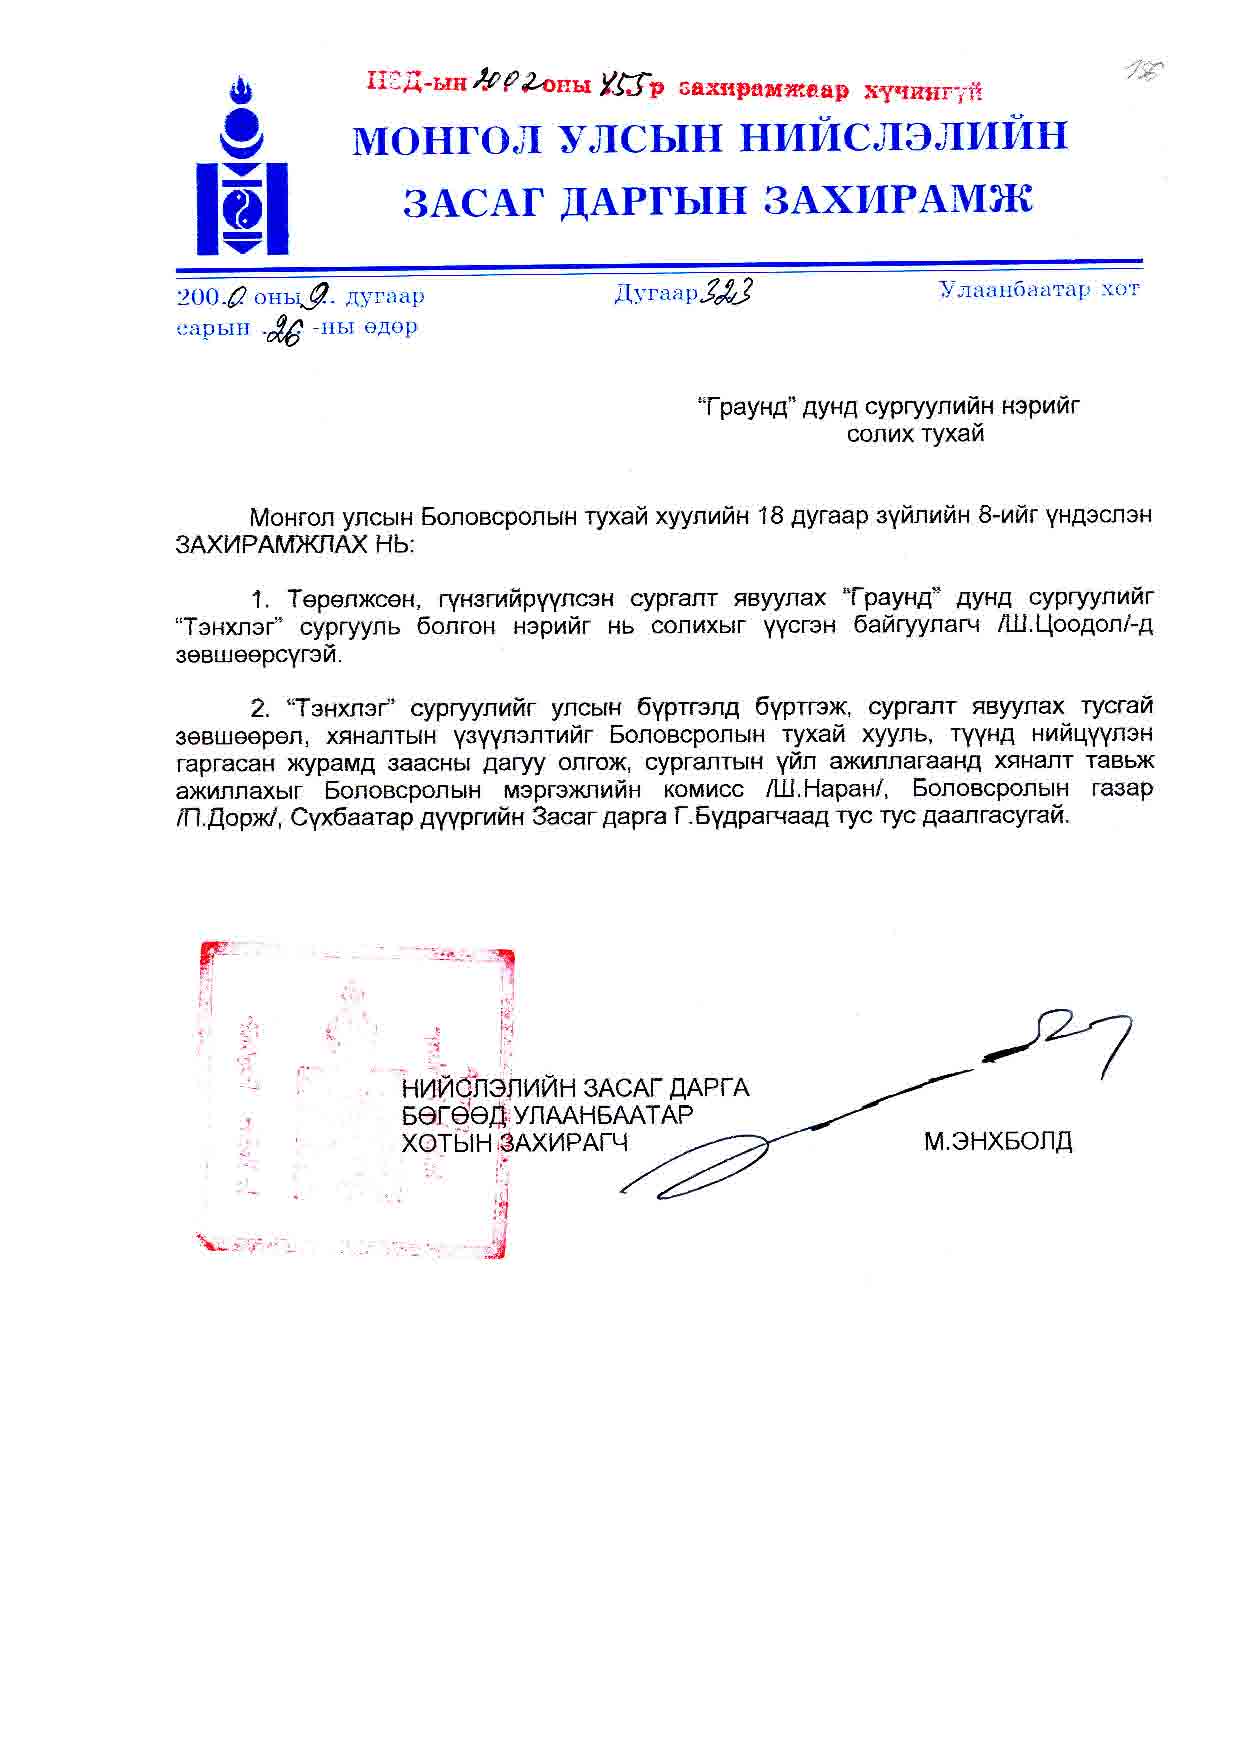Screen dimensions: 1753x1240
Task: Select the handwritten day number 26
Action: pos(283,328)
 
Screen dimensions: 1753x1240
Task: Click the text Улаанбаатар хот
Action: pos(1039,290)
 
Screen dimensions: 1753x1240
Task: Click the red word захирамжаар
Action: pos(763,90)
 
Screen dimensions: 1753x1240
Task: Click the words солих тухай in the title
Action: pos(915,434)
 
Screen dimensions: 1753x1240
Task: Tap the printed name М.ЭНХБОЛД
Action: pos(997,1141)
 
